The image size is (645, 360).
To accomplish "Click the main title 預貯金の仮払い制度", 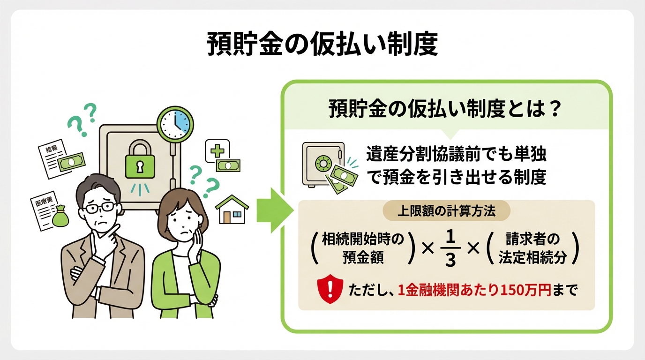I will pos(322,45).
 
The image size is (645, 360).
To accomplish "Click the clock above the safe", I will pos(174,123).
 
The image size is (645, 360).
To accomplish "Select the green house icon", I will pos(232,210).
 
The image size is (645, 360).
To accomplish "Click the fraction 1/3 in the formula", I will pos(450,248).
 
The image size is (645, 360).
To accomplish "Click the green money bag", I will pos(60,218).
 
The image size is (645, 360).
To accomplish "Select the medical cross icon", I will pos(217,150).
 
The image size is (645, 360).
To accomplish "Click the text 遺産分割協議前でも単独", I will pos(457,155).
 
